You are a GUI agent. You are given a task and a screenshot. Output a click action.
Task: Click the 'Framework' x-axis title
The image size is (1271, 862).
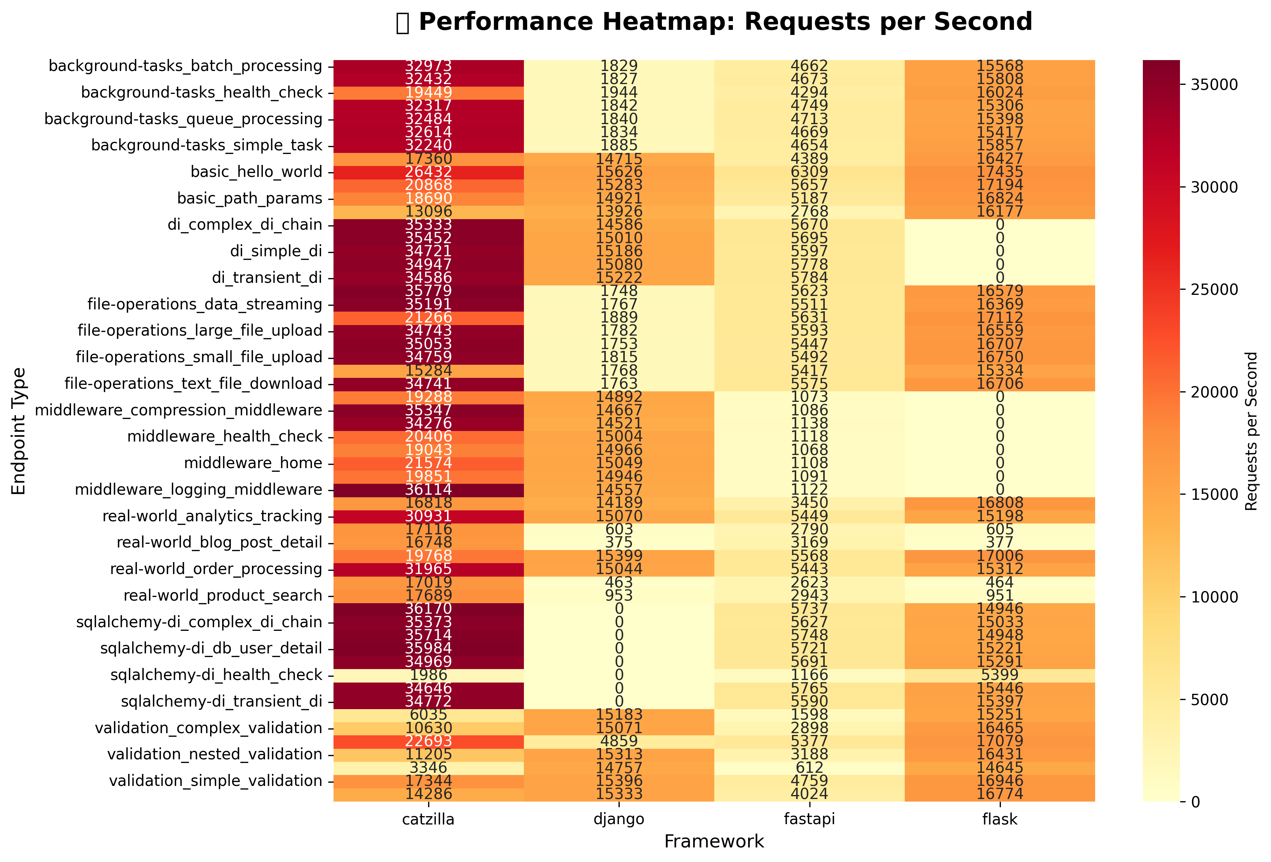714,842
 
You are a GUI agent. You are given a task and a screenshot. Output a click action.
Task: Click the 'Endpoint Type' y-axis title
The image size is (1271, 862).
19,431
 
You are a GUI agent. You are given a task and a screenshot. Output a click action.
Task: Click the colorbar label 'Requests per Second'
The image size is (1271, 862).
1251,431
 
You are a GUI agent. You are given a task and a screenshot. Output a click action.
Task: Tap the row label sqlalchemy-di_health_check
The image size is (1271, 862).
216,675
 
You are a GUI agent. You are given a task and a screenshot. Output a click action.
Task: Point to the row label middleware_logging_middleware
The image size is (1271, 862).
198,490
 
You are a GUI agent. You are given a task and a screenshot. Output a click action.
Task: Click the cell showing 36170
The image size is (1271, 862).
428,609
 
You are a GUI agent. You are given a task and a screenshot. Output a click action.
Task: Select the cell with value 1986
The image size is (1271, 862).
428,675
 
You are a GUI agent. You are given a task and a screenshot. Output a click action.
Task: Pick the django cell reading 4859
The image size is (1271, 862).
619,741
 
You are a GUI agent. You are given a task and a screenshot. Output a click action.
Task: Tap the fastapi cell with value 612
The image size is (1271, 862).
809,767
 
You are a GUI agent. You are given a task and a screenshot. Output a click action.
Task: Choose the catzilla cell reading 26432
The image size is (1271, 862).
428,172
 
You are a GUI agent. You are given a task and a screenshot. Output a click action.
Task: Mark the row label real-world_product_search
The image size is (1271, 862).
222,596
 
